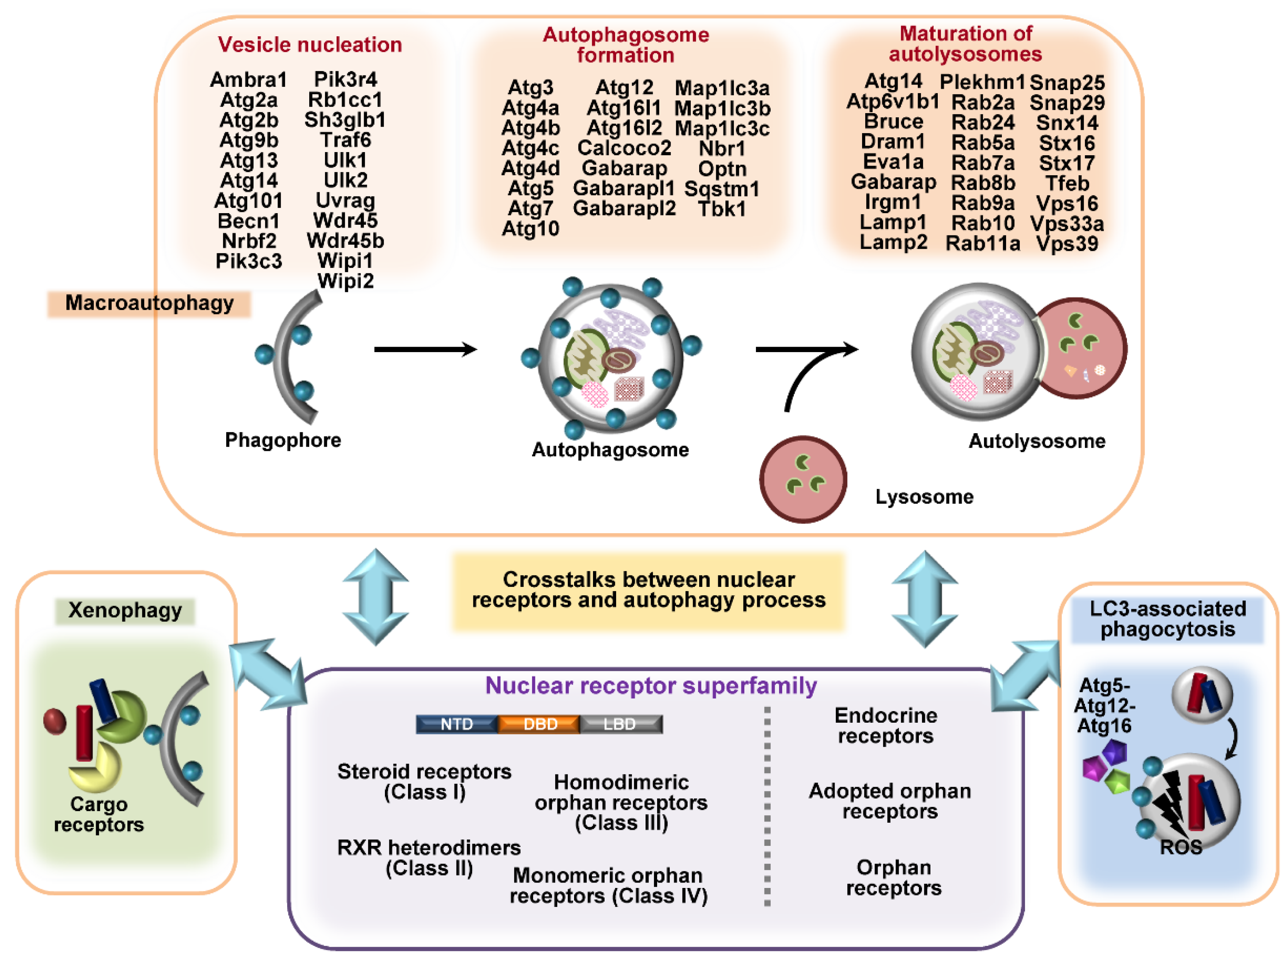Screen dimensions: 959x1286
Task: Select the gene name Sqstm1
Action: pyautogui.click(x=721, y=189)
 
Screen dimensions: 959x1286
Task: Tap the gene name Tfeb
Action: pyautogui.click(x=1067, y=183)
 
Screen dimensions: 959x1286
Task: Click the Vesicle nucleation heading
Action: pyautogui.click(x=310, y=45)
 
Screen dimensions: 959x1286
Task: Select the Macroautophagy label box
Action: pyautogui.click(x=149, y=303)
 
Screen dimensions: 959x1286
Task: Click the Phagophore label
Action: pyautogui.click(x=283, y=440)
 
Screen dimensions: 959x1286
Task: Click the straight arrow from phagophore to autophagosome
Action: pyautogui.click(x=425, y=349)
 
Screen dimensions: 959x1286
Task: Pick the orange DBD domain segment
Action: pyautogui.click(x=539, y=724)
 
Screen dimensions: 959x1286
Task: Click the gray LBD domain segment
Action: pyautogui.click(x=620, y=724)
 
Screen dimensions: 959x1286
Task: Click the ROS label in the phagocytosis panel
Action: pyautogui.click(x=1180, y=847)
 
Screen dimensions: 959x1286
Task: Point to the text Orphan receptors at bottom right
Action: pyautogui.click(x=893, y=877)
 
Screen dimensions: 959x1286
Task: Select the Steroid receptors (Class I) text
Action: pyautogui.click(x=424, y=781)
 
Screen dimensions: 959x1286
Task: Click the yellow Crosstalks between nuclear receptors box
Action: pyautogui.click(x=648, y=590)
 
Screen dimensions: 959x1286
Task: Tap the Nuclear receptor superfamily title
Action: pyautogui.click(x=651, y=686)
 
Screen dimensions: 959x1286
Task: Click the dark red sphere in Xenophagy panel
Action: pyautogui.click(x=55, y=722)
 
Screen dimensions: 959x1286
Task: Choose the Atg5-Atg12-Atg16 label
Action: pyautogui.click(x=1104, y=706)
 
